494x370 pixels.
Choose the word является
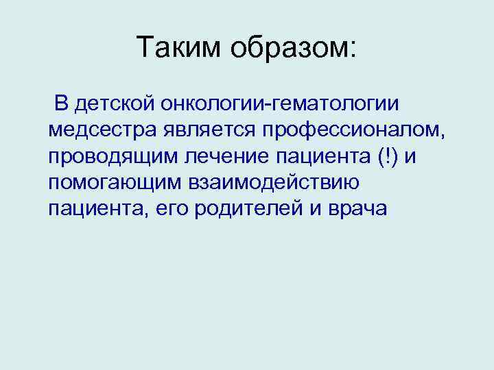click(x=200, y=130)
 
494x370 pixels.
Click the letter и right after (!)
click(x=410, y=157)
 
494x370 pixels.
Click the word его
click(x=165, y=210)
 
